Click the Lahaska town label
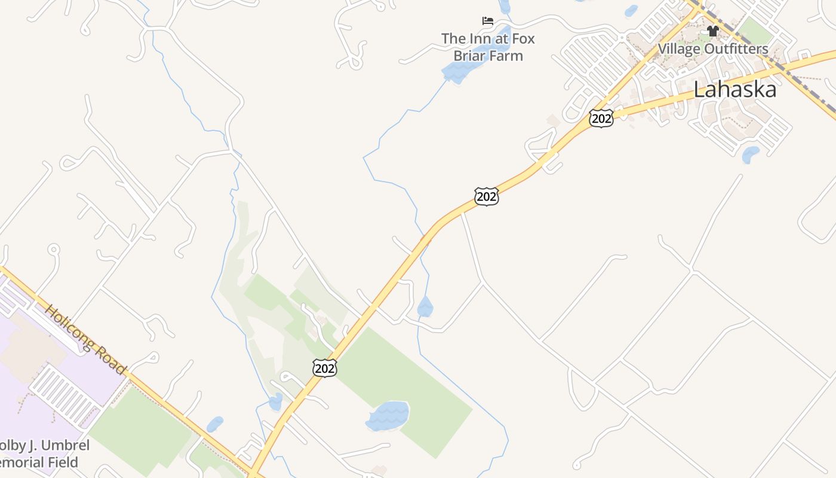pos(734,90)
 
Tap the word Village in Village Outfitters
pos(680,48)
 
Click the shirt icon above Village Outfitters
pos(712,31)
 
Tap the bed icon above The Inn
pos(488,22)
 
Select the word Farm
pos(506,56)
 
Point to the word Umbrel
pos(64,446)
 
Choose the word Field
pos(63,462)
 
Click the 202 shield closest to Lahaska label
pos(601,118)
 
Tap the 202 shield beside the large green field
pos(324,368)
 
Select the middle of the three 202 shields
pos(487,196)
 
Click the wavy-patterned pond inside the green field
pos(388,415)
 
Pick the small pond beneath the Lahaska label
pos(750,155)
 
